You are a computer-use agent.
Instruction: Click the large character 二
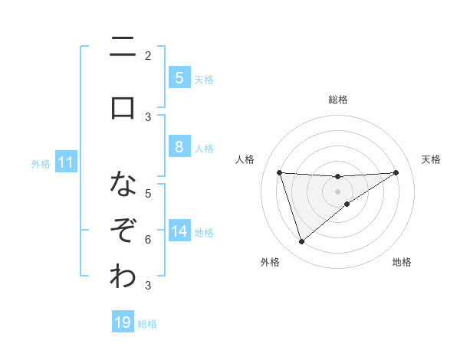point(123,48)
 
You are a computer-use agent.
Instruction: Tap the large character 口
point(123,107)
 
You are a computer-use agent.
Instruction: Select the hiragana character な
point(123,184)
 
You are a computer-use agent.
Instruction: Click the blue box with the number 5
point(179,78)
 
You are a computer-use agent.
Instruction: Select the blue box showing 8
point(179,148)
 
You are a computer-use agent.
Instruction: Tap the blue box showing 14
point(179,231)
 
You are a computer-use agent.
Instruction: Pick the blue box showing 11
point(66,162)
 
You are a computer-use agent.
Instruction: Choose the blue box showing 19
point(123,322)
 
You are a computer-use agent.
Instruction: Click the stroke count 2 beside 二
point(148,55)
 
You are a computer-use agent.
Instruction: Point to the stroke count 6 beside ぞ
point(148,239)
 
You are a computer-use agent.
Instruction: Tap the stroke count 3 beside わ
point(148,286)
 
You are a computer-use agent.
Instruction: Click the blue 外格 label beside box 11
point(41,163)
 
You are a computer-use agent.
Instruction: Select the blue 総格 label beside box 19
point(147,323)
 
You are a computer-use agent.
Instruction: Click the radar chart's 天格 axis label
point(431,159)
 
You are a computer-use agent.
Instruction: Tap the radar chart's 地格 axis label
point(402,262)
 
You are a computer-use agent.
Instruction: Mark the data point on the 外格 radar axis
point(301,242)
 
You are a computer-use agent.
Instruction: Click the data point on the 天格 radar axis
point(396,172)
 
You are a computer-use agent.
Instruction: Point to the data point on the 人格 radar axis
point(279,172)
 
